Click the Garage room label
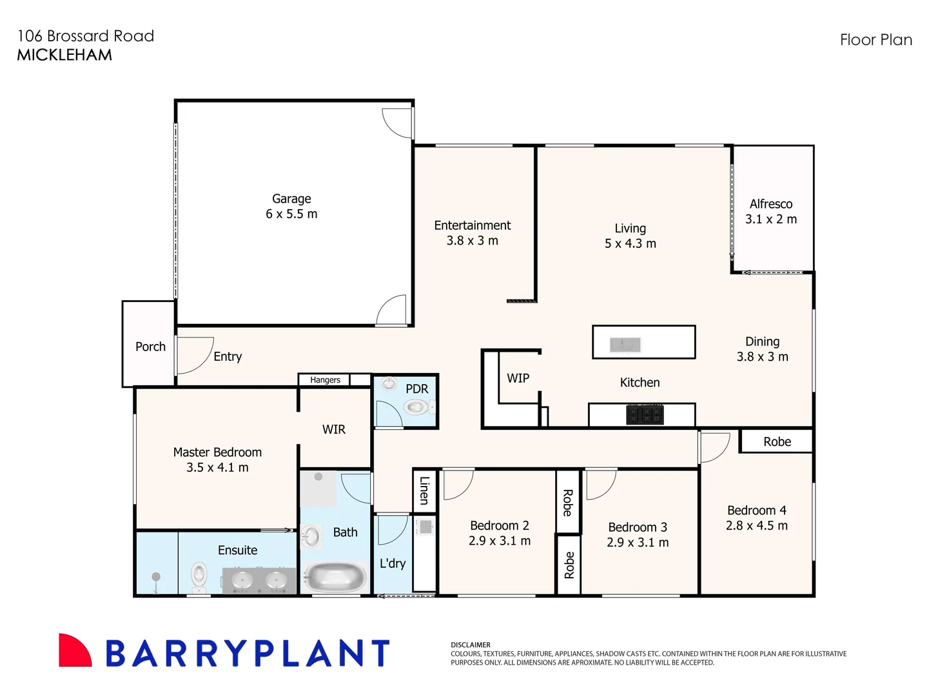tap(291, 199)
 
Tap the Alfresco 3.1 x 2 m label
tap(771, 212)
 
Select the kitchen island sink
tap(625, 345)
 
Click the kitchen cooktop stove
tap(645, 414)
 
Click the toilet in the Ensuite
tap(199, 576)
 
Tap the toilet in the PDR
tap(416, 407)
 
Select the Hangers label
tap(325, 380)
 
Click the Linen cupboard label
tap(424, 490)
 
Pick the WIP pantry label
tap(518, 378)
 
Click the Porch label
tap(150, 347)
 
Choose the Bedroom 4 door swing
tap(714, 447)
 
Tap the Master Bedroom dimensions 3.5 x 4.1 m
tap(217, 468)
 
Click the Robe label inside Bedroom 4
tap(777, 441)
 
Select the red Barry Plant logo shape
tap(74, 651)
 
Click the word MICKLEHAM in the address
tap(64, 55)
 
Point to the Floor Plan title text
tap(875, 40)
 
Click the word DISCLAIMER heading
tap(470, 645)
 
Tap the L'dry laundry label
tap(393, 563)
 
